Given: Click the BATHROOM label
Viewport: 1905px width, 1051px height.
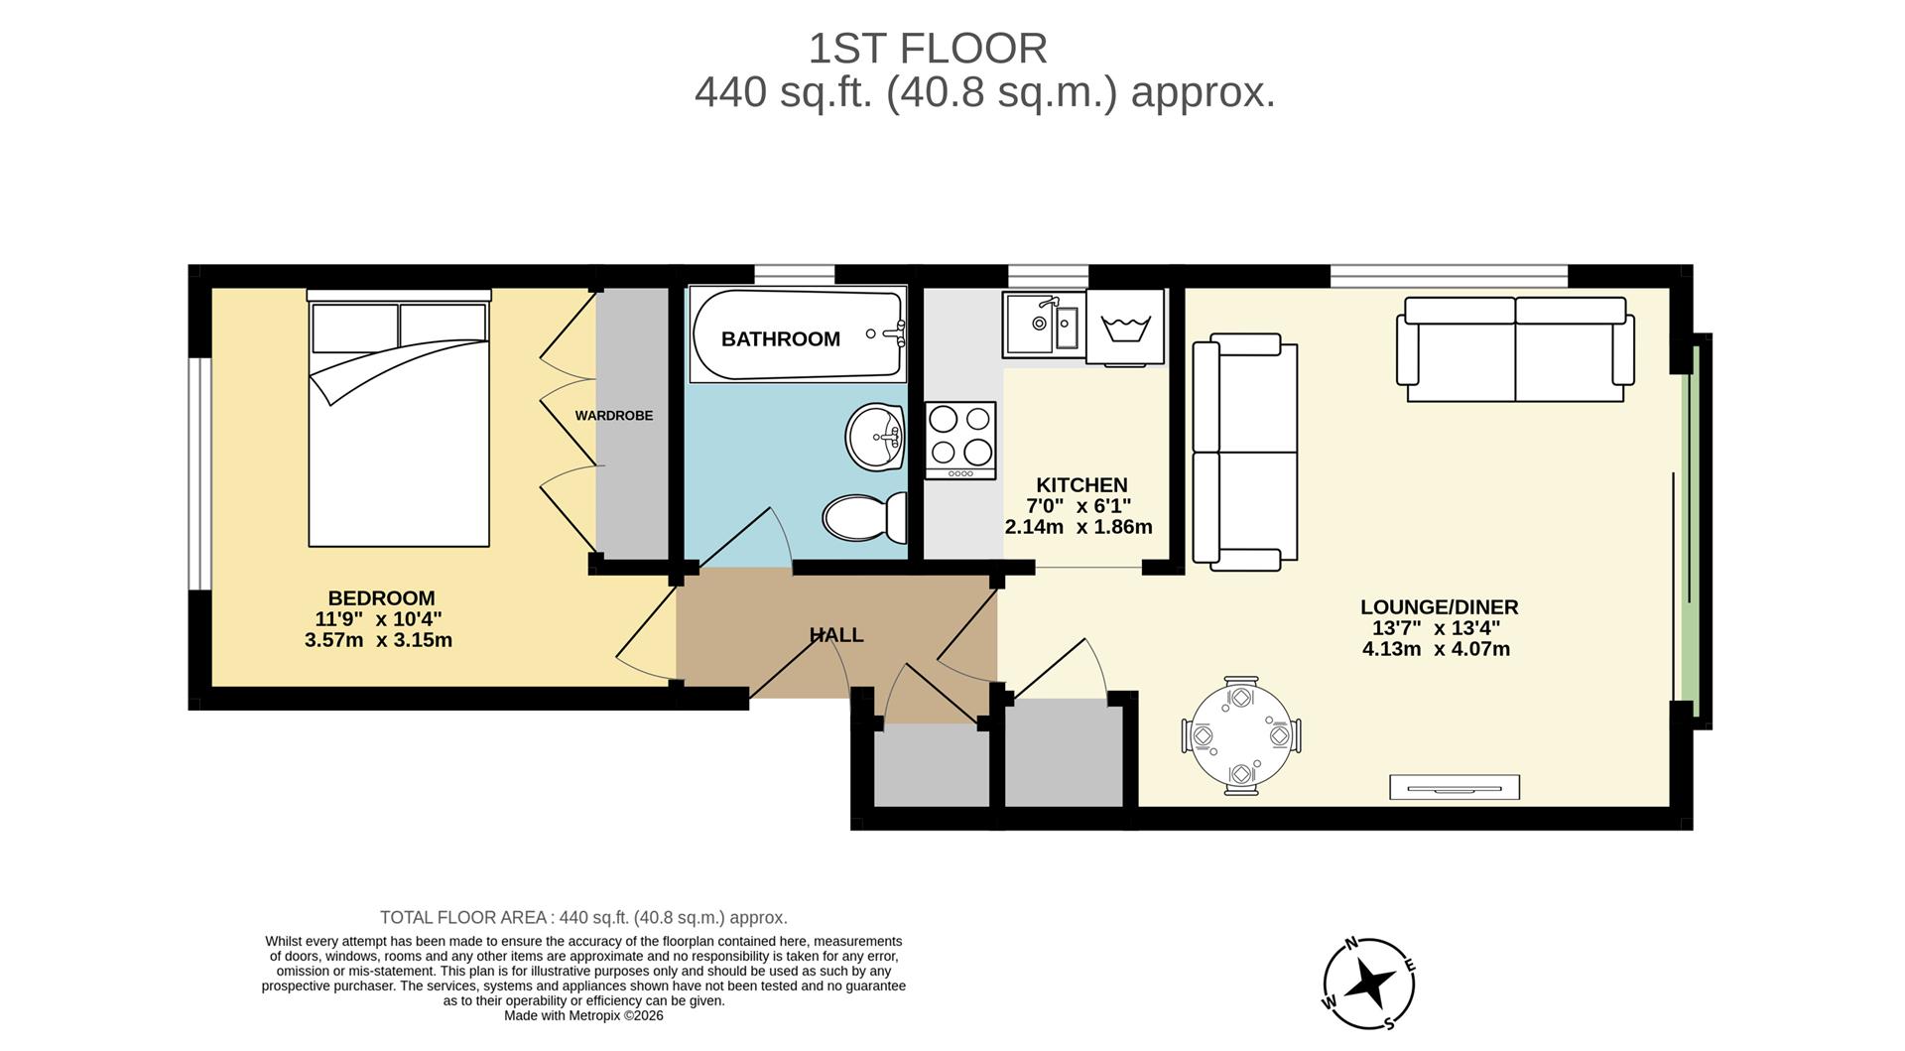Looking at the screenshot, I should (780, 339).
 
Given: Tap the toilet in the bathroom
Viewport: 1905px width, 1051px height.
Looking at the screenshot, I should (864, 517).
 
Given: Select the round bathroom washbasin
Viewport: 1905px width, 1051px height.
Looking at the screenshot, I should (875, 437).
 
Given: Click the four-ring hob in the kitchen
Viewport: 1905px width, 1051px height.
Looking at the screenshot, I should (959, 440).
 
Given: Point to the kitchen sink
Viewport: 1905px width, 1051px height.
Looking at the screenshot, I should (1042, 324).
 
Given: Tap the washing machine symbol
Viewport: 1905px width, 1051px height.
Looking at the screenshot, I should (1124, 327).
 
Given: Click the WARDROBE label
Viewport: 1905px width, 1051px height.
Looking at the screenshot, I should (614, 416).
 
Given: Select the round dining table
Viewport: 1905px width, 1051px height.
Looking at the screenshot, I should (1241, 736).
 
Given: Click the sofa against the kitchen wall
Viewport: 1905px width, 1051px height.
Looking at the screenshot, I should (1245, 452).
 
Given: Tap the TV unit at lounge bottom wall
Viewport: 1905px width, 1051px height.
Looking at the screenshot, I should (1454, 788).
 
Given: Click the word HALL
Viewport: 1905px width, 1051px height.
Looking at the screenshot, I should (835, 635).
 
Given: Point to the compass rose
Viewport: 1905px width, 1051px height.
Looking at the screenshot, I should (1369, 984).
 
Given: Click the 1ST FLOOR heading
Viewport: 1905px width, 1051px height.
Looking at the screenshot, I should (927, 49).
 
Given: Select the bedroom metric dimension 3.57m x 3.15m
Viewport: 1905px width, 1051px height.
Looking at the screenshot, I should (378, 640).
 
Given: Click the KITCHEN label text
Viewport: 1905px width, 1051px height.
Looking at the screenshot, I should (1081, 485).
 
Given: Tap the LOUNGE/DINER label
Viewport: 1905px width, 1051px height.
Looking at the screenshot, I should (1439, 607).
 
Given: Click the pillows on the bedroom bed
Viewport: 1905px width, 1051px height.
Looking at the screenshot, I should (399, 327).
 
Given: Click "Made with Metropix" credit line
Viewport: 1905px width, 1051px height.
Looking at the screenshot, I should (583, 1015).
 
